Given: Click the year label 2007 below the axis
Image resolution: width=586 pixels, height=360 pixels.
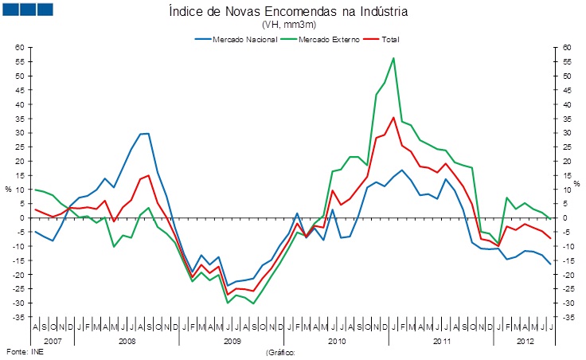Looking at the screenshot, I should click(53, 340).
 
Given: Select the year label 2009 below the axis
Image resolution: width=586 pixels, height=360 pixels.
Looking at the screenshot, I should click(232, 340).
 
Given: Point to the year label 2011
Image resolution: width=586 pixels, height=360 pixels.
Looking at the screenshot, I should click(442, 340).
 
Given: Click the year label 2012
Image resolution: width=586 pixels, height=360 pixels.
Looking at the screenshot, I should click(524, 340).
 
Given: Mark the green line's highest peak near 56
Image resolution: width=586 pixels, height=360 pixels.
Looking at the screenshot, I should click(393, 58).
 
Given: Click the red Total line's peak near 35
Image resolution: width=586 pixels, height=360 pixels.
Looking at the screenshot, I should click(393, 118).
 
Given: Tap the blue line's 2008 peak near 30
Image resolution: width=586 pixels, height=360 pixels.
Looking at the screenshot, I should click(146, 134).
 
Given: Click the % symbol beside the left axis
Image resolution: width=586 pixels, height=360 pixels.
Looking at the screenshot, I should click(8, 190).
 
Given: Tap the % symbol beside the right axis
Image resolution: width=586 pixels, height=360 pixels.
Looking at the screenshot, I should click(579, 190).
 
